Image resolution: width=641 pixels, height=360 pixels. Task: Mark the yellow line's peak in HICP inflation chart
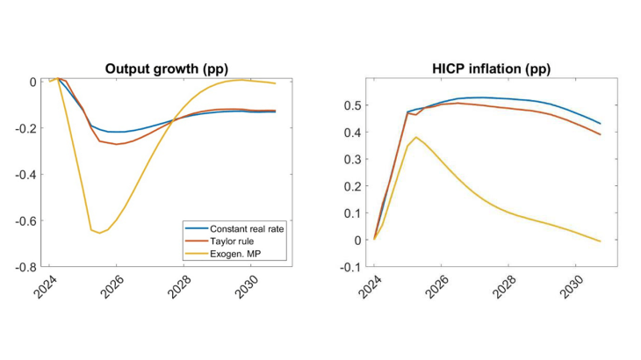coord(416,137)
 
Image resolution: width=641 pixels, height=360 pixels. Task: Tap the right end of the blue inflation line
coord(600,123)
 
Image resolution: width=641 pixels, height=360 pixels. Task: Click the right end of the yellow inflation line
coord(600,241)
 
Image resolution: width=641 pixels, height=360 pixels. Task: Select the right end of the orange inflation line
coord(600,134)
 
